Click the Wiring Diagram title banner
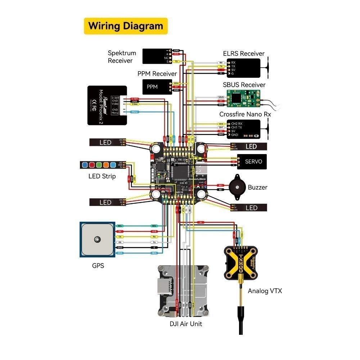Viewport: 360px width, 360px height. (x=126, y=26)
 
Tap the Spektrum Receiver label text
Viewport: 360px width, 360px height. (x=122, y=57)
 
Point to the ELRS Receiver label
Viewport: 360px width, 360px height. (x=244, y=54)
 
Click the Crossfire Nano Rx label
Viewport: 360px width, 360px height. (x=245, y=114)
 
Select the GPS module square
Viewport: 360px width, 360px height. (x=97, y=239)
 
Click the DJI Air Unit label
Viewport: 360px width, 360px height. (x=186, y=324)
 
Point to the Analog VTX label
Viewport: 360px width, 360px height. (x=265, y=291)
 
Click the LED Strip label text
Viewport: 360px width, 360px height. (x=102, y=176)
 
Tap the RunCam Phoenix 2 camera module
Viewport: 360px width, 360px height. (x=107, y=105)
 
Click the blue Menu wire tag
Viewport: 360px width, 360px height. (x=135, y=112)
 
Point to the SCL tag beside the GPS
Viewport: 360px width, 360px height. (x=120, y=225)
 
